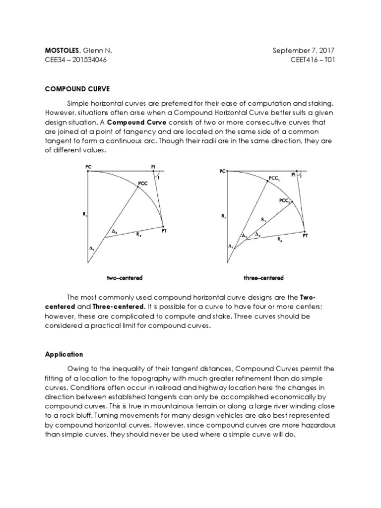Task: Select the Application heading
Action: (x=64, y=355)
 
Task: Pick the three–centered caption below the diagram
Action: (x=263, y=278)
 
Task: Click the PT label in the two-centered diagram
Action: (x=164, y=230)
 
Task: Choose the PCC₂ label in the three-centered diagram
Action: (x=285, y=200)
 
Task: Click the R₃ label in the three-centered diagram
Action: (x=281, y=239)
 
